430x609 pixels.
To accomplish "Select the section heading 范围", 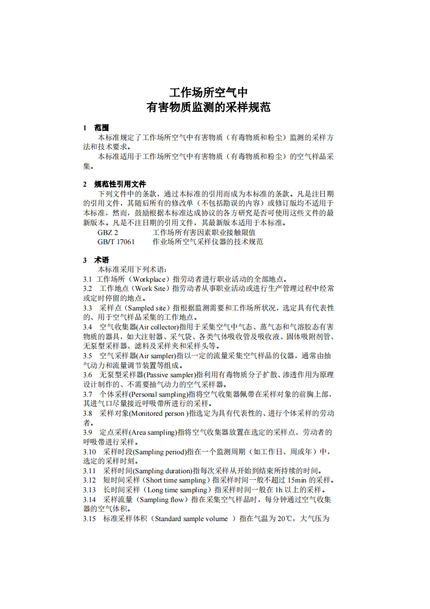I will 101,128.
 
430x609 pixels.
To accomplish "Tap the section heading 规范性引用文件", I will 120,184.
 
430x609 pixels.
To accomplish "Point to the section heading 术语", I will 101,260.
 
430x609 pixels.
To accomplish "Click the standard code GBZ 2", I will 108,232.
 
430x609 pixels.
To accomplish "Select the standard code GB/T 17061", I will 116,242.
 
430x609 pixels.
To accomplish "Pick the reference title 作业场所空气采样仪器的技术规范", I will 208,242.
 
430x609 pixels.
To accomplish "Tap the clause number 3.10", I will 89,452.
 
